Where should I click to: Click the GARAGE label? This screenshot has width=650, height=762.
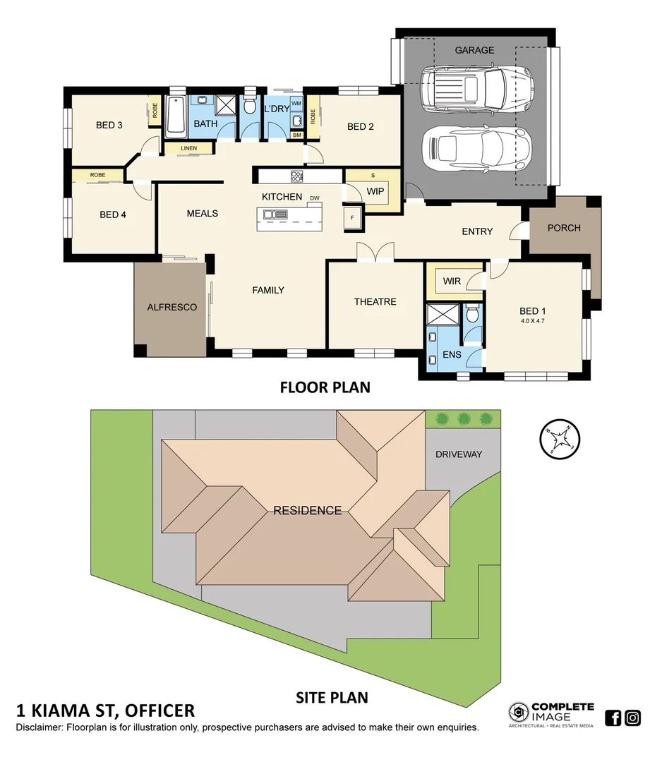click(x=474, y=50)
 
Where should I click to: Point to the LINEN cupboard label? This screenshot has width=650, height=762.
click(x=188, y=148)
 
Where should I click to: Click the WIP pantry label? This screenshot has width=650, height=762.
click(x=374, y=190)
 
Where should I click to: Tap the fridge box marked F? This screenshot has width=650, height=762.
click(x=352, y=218)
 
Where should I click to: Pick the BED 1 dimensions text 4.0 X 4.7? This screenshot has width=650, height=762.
click(x=533, y=322)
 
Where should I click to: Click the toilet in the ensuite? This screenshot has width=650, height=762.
click(x=472, y=313)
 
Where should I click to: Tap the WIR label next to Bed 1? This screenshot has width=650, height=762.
click(x=452, y=282)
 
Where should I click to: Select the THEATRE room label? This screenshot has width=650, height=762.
click(x=375, y=302)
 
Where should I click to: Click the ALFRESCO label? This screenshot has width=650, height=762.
click(x=171, y=308)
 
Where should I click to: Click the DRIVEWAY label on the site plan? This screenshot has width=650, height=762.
click(x=459, y=454)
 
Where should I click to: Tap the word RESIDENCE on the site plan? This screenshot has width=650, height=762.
click(x=308, y=510)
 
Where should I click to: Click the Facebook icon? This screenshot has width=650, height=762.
click(x=613, y=718)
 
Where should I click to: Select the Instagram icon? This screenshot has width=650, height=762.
click(x=632, y=718)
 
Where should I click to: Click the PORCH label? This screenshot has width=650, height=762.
click(x=564, y=228)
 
